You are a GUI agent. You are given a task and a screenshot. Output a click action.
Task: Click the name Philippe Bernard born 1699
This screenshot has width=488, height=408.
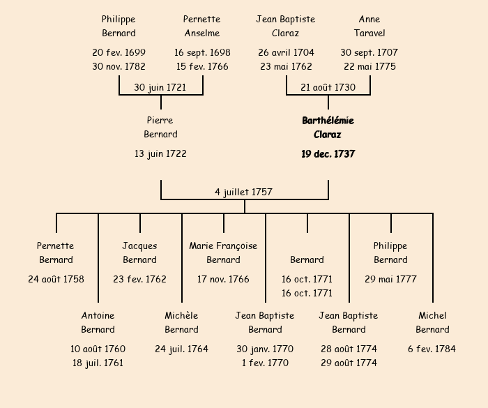(x=119, y=26)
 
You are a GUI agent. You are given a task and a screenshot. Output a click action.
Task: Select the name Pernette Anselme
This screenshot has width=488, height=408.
(x=202, y=26)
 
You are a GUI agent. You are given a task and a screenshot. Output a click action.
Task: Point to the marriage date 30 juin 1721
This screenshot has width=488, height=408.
(x=160, y=87)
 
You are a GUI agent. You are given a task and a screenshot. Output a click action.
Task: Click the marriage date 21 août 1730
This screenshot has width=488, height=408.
(x=328, y=87)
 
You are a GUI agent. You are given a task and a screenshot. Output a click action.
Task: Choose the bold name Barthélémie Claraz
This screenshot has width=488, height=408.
(x=328, y=128)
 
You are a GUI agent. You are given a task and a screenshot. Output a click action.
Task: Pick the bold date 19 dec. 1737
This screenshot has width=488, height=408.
(x=328, y=154)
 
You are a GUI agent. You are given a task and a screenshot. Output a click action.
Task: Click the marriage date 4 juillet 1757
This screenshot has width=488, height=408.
(x=244, y=192)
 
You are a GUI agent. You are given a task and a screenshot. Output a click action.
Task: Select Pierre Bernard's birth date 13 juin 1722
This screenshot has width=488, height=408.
(x=160, y=153)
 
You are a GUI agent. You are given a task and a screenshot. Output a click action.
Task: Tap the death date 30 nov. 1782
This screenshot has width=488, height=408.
(x=119, y=67)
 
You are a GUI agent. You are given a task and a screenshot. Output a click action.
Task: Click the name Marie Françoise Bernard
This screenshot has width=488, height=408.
(x=223, y=252)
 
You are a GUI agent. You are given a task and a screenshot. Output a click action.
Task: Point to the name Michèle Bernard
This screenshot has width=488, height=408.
(x=181, y=322)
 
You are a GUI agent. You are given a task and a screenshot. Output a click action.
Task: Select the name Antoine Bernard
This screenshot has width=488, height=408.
(x=98, y=322)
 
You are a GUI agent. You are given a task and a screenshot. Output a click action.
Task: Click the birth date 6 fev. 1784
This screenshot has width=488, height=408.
(x=432, y=349)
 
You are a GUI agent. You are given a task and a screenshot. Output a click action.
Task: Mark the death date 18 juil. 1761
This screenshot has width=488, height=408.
(x=98, y=363)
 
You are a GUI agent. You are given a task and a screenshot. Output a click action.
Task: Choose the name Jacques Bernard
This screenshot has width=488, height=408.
(x=139, y=252)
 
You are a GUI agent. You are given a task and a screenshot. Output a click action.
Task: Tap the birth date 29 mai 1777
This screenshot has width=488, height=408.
(x=390, y=279)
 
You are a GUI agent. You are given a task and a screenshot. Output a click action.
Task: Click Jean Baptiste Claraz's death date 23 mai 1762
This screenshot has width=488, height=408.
(x=286, y=67)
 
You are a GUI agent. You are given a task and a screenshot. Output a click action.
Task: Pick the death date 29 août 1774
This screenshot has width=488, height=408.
(x=349, y=363)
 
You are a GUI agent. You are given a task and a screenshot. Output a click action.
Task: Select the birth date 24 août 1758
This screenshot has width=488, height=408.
(x=56, y=279)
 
